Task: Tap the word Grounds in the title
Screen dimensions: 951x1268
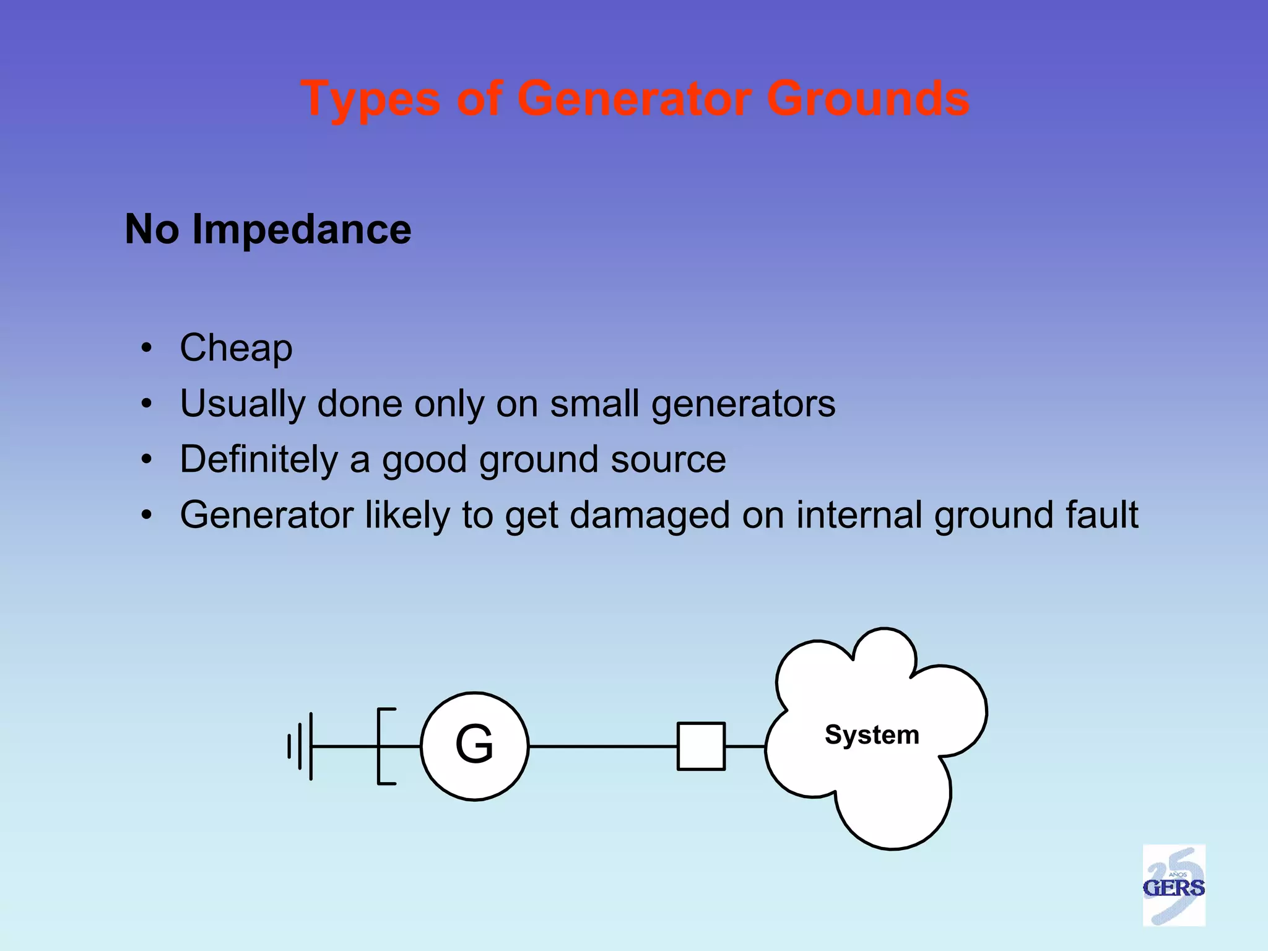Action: coord(868,99)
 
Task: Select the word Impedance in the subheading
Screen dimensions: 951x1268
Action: coord(302,230)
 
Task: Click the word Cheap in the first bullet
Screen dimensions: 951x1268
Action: coord(236,348)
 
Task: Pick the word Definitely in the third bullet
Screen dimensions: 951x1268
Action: coord(259,459)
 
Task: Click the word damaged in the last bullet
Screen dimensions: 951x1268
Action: coord(649,515)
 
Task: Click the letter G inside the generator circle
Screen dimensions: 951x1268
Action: coord(474,744)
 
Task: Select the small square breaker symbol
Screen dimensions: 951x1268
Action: coord(701,746)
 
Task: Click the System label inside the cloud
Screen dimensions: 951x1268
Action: coord(872,735)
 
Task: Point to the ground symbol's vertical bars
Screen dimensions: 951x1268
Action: coord(301,746)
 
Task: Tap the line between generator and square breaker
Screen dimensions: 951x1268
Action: coord(604,747)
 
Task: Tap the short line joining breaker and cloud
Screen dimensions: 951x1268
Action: coord(745,747)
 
